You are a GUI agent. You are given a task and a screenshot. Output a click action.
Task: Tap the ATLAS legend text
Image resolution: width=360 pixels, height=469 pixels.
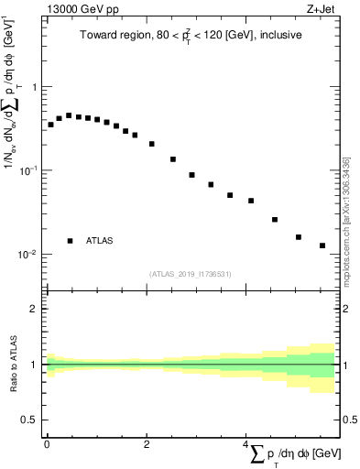100,241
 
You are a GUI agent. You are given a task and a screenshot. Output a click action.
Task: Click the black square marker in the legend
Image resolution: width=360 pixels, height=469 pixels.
70,241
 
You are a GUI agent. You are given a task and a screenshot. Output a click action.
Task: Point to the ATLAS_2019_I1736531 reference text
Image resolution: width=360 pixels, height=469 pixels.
191,274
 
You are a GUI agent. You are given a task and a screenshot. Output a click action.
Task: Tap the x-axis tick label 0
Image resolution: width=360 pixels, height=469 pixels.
47,443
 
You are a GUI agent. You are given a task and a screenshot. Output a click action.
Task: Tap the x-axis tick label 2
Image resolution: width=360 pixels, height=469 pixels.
147,443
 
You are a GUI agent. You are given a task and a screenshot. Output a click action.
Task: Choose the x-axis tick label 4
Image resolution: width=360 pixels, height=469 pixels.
245,443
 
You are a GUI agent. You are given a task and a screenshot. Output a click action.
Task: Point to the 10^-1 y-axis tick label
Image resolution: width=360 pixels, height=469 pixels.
27,170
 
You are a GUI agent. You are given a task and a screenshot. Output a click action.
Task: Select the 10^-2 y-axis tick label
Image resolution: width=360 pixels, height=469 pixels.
27,255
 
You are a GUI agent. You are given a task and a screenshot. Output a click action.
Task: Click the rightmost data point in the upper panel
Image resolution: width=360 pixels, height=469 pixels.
322,245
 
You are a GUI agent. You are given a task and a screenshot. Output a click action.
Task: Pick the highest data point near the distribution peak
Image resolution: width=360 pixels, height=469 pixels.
69,115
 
